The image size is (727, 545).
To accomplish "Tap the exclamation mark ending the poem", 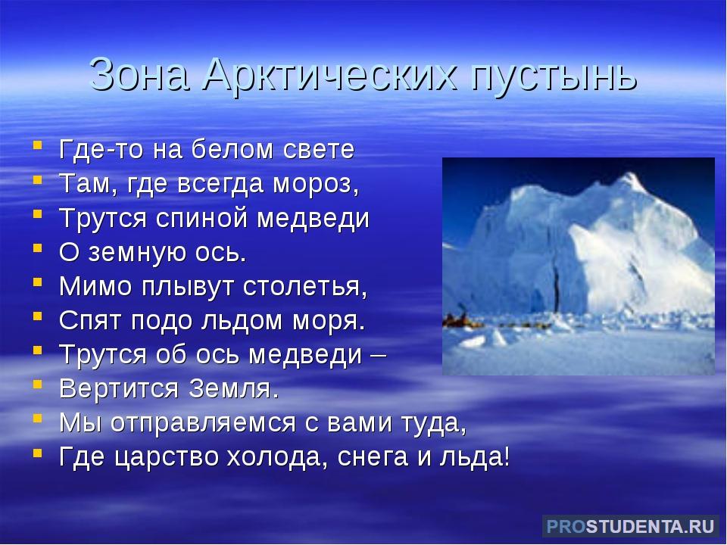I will (x=505, y=458).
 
